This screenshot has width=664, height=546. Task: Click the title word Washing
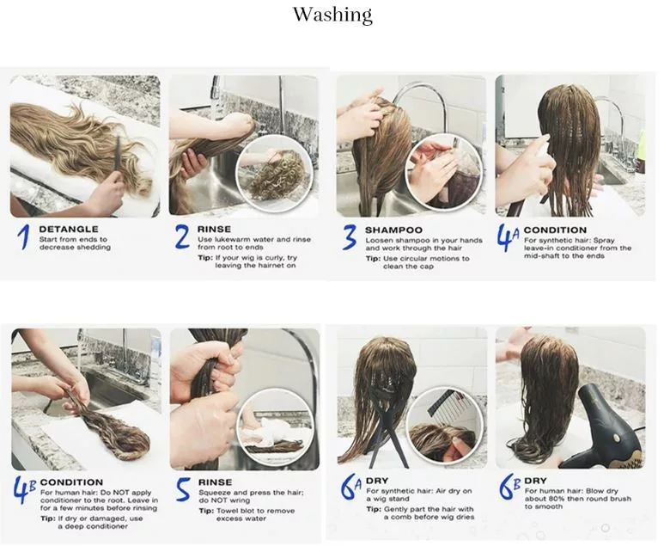pyautogui.click(x=332, y=15)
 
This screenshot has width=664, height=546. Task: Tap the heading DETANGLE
pyautogui.click(x=69, y=230)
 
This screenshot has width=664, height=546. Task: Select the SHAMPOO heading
pyautogui.click(x=393, y=230)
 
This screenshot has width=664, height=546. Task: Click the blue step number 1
pyautogui.click(x=24, y=236)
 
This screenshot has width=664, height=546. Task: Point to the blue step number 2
pyautogui.click(x=182, y=236)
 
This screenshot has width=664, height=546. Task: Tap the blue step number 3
pyautogui.click(x=349, y=237)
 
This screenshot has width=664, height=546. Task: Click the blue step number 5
pyautogui.click(x=183, y=488)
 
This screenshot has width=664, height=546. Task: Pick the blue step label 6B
pyautogui.click(x=509, y=488)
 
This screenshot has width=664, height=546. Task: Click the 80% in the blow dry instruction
pyautogui.click(x=558, y=499)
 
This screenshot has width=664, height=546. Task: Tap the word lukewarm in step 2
pyautogui.click(x=234, y=240)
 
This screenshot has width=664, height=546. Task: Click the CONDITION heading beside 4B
pyautogui.click(x=71, y=482)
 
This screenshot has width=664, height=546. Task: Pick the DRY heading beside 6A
pyautogui.click(x=377, y=481)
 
